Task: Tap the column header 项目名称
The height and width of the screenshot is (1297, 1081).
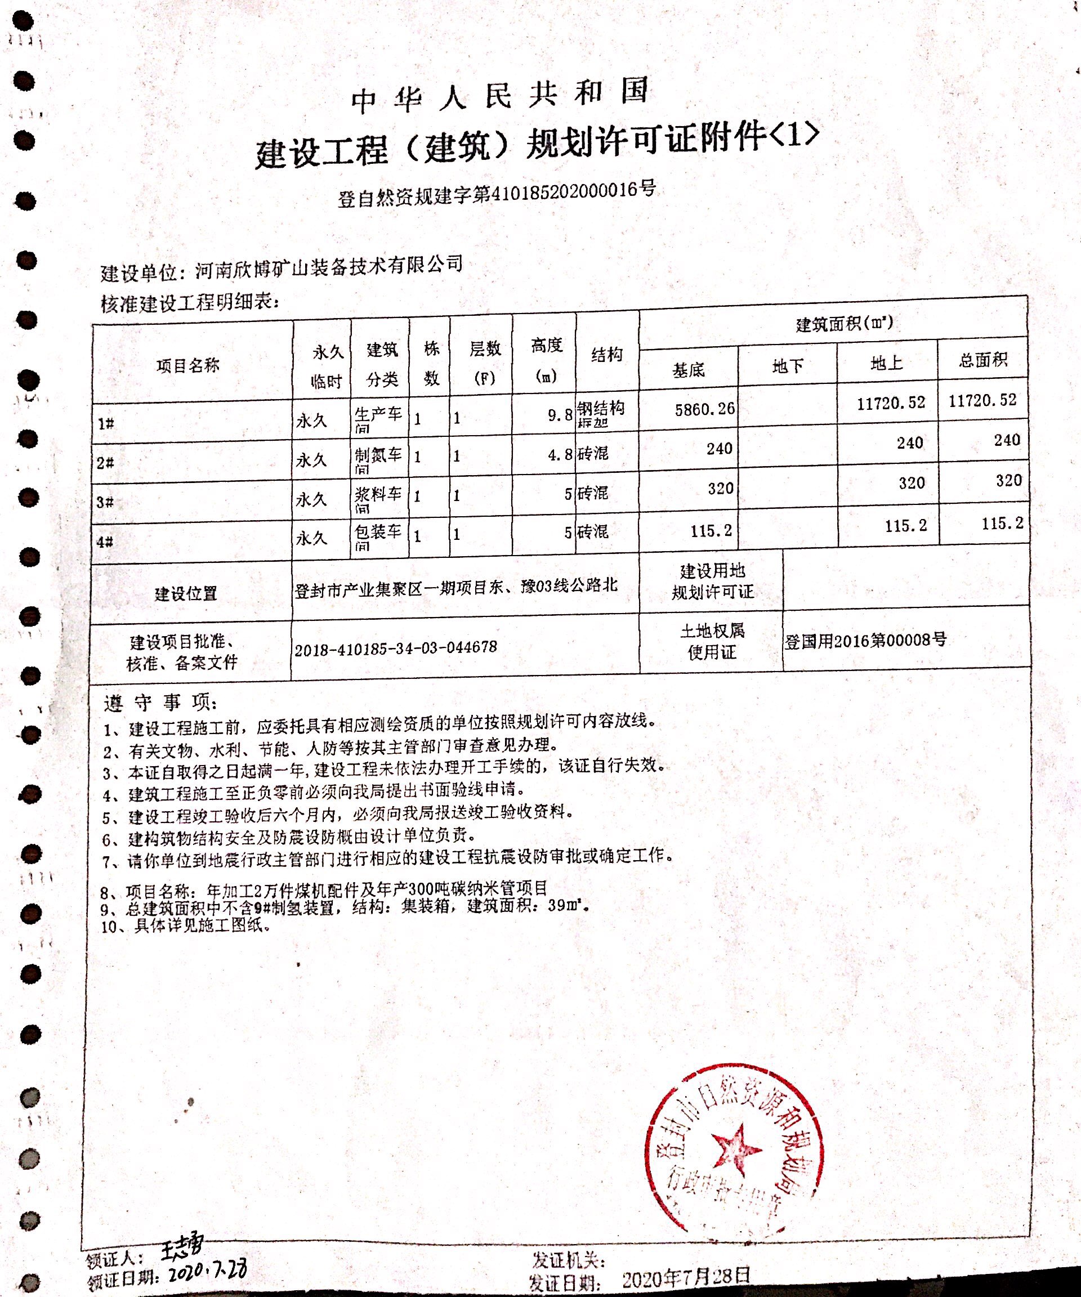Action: [188, 366]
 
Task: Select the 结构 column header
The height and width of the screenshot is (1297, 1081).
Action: [606, 355]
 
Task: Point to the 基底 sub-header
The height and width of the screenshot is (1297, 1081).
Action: [688, 370]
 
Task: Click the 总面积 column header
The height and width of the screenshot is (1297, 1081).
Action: [983, 360]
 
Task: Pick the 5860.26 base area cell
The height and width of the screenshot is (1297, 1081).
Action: [705, 409]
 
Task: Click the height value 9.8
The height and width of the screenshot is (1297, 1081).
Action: [560, 415]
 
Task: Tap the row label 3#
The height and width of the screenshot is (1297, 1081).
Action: [106, 502]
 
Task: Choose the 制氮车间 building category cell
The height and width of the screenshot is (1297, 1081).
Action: [377, 458]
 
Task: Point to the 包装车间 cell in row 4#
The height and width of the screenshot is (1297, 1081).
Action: [377, 535]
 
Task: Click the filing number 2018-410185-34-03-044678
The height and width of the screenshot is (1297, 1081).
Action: [395, 648]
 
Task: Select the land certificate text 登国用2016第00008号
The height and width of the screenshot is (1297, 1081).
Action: [865, 641]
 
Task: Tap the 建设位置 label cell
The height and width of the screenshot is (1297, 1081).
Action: [186, 594]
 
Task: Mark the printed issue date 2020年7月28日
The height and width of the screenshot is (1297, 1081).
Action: [686, 1277]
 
